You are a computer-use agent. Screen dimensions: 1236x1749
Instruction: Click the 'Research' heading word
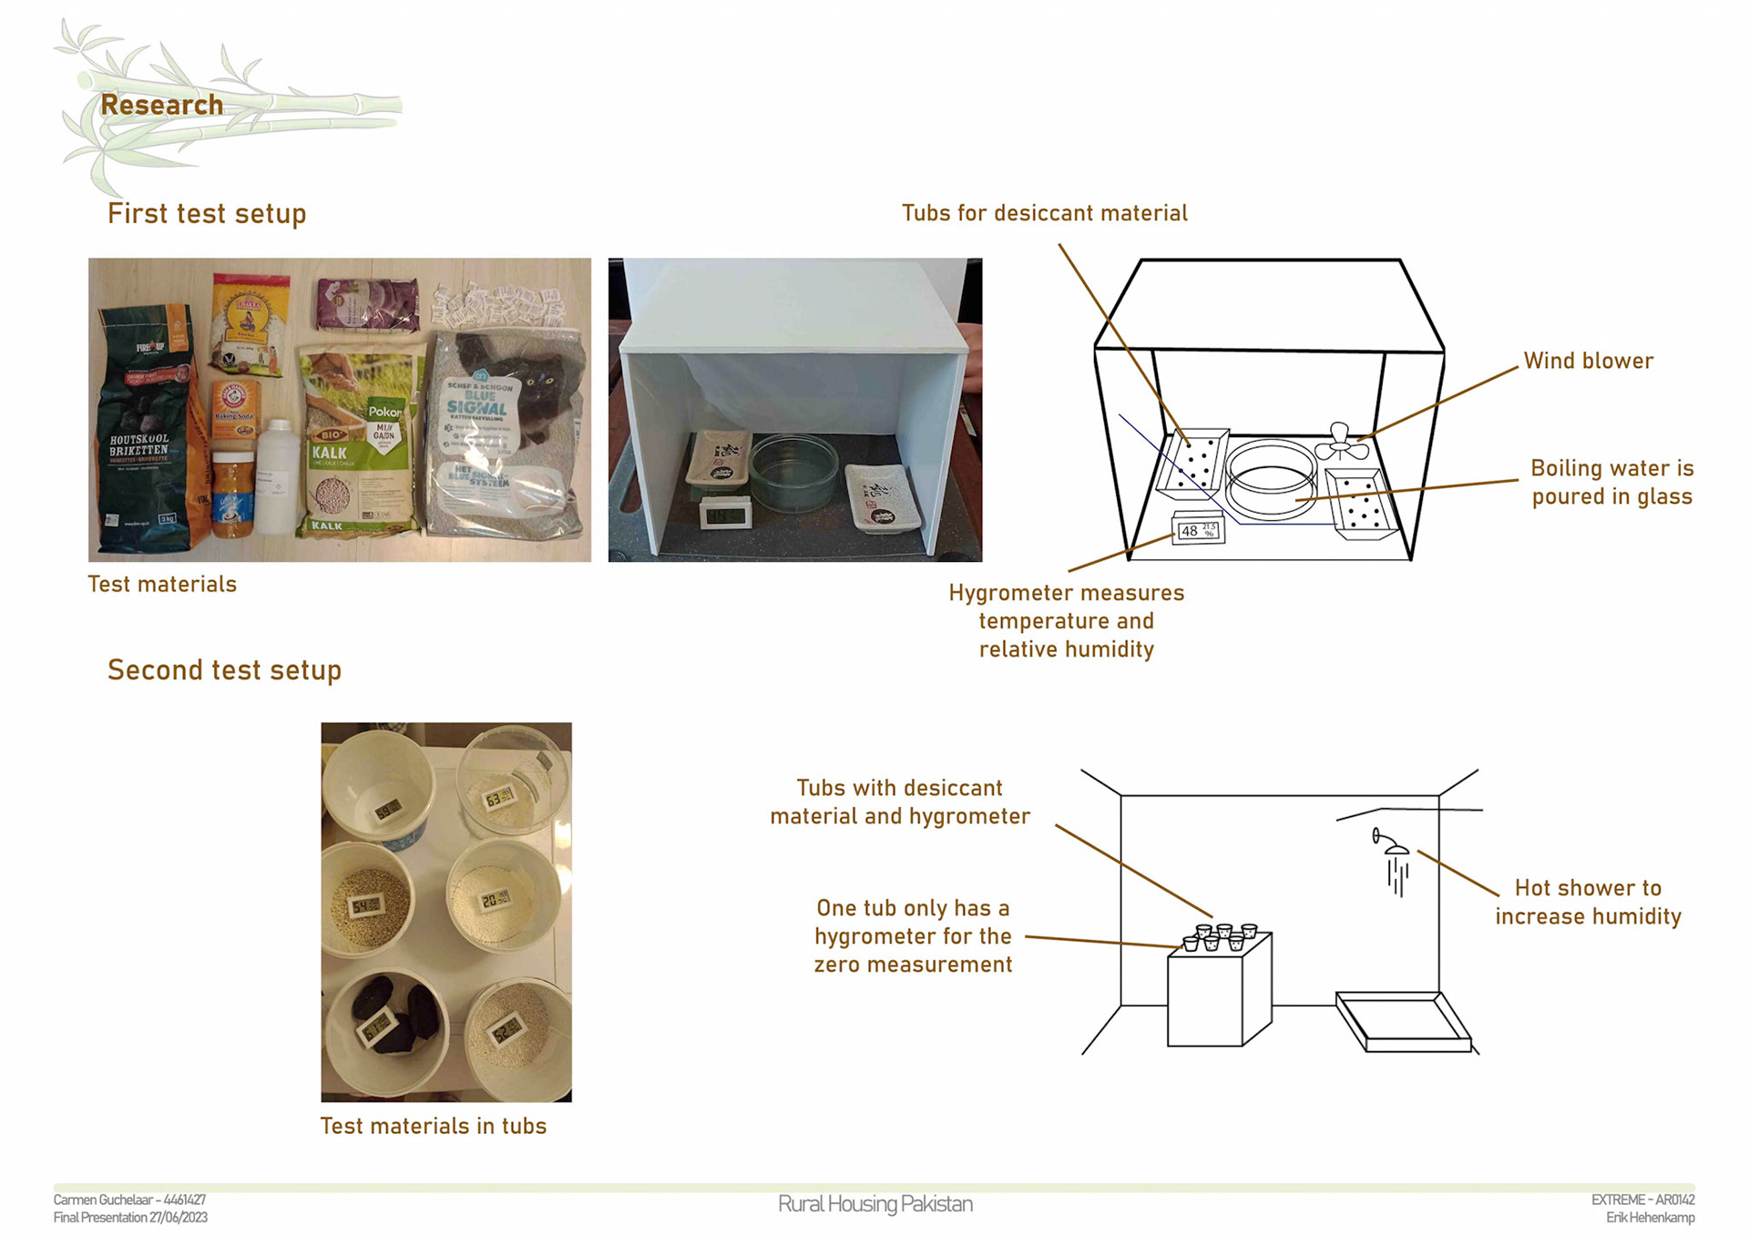161,105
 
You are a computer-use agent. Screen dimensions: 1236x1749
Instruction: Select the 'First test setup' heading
207,213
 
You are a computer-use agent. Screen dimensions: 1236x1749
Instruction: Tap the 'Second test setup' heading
224,669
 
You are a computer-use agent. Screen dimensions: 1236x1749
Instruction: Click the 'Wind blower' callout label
1588,361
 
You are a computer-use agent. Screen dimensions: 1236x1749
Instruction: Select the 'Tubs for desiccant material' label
1044,213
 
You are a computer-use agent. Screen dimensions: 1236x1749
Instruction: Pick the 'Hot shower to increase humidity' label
1588,902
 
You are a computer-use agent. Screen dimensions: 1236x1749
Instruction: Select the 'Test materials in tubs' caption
433,1126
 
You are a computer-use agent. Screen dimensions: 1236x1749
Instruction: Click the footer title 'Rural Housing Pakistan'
874,1204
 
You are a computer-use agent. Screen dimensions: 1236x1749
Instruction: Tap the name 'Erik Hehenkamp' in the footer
1650,1218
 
